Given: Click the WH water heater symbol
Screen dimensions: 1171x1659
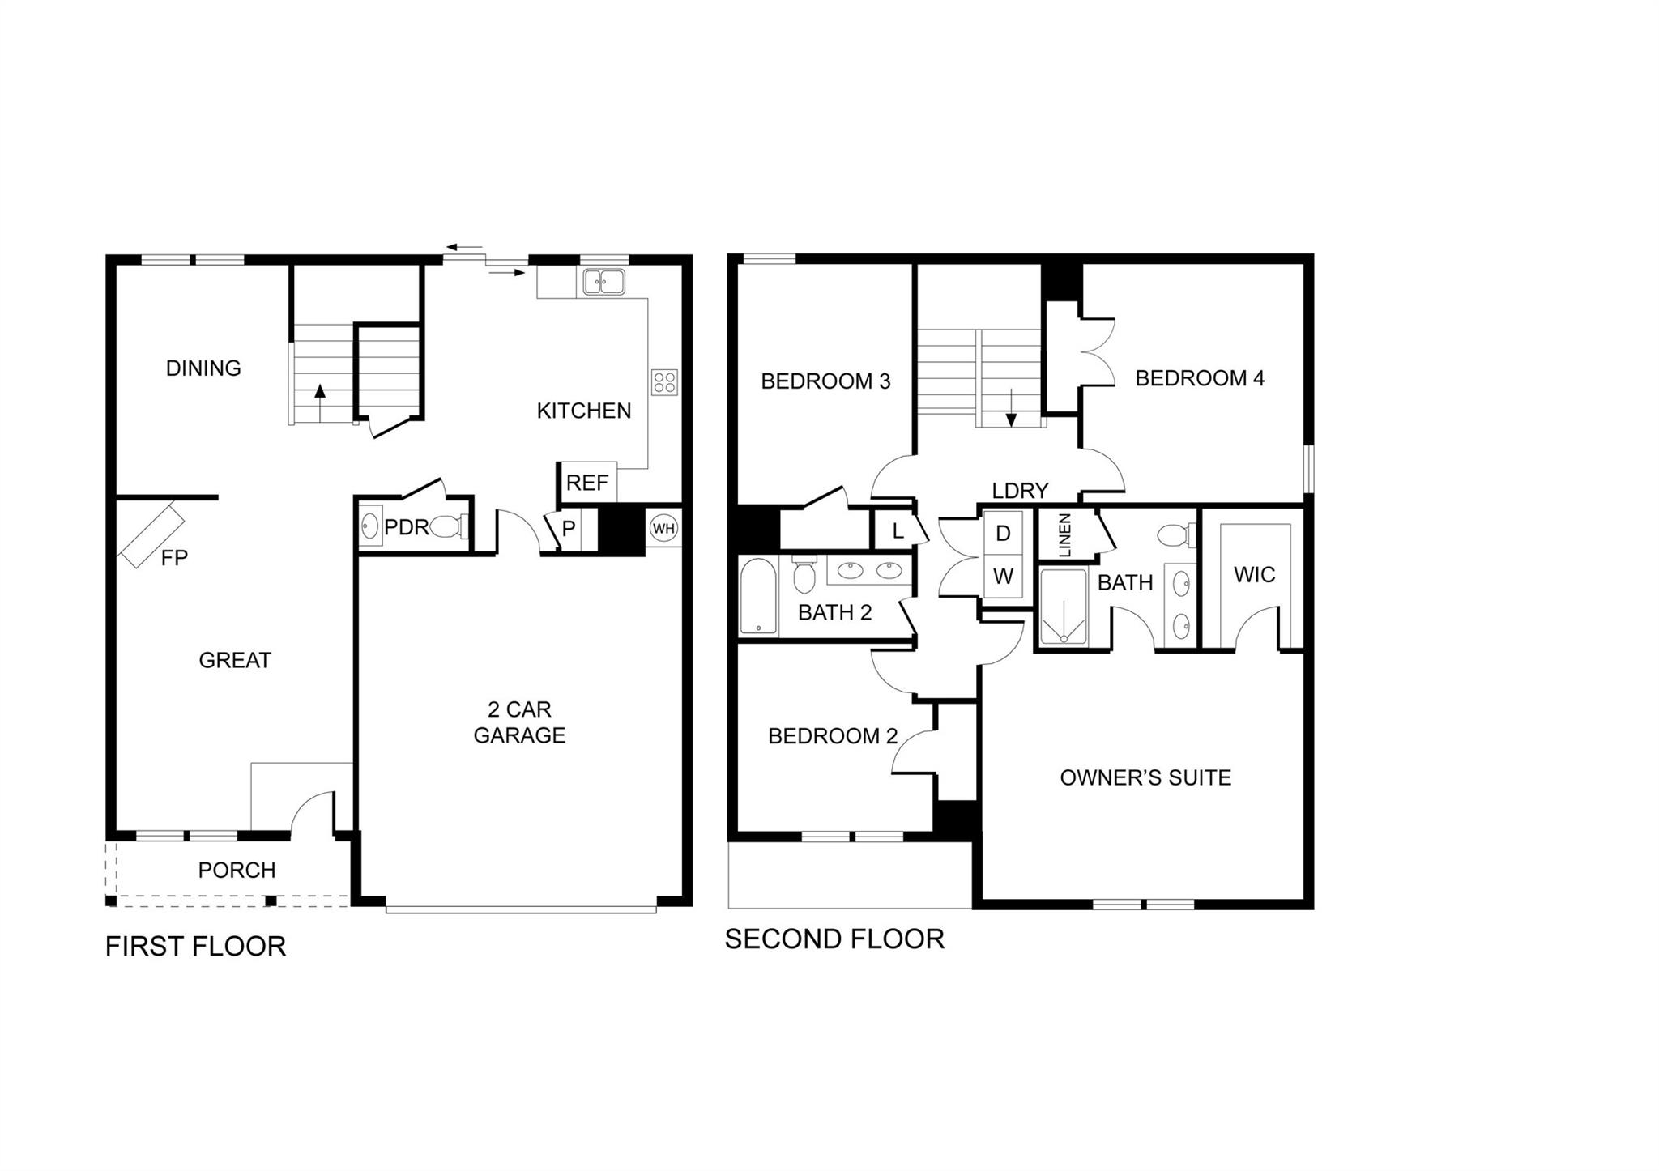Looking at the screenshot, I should [663, 529].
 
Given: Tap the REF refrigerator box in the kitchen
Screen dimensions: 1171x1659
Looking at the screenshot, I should [588, 483].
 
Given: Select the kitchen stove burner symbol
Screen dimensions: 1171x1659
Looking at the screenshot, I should [664, 382].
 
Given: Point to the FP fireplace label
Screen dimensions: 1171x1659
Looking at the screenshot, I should [174, 557].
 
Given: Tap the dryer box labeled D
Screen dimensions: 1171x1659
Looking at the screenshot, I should [1003, 534].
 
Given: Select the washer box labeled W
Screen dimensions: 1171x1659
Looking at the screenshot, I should [1003, 577].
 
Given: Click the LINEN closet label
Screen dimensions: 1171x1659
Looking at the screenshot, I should [1065, 534].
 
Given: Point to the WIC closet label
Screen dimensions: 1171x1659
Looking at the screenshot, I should [1254, 575].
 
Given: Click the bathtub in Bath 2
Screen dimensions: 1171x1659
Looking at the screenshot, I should [758, 595].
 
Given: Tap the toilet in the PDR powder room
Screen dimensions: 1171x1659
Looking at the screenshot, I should [446, 527].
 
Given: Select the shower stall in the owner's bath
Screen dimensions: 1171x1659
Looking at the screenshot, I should [1063, 607].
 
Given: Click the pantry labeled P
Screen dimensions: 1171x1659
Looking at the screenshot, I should [569, 529].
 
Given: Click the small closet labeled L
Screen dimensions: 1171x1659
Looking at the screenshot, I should [897, 531].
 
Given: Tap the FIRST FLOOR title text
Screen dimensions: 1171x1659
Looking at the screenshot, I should [195, 946].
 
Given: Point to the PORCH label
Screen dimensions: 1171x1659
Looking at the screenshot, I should [237, 870].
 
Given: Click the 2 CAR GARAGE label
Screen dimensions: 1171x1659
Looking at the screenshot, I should [519, 722].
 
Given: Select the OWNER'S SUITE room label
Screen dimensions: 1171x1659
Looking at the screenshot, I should [1145, 777].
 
